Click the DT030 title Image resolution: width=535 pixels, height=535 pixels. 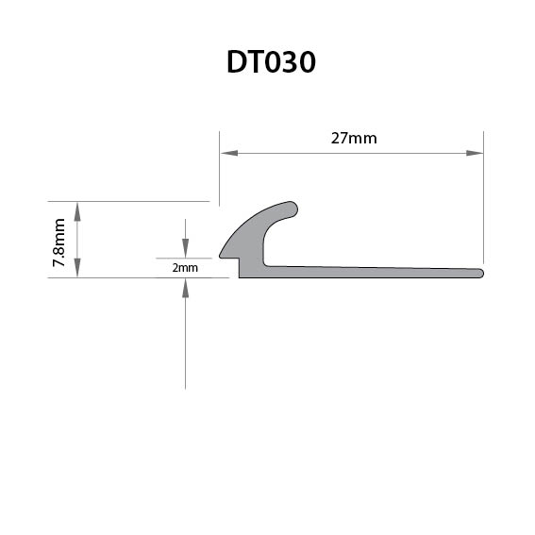pos(271,62)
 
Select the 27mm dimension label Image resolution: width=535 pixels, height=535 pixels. pos(354,139)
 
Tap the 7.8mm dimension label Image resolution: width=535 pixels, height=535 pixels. pos(59,242)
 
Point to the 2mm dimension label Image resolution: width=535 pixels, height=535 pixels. pos(185,268)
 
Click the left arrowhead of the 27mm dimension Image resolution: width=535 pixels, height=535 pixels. pos(229,153)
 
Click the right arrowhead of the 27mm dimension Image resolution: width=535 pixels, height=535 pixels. pos(475,153)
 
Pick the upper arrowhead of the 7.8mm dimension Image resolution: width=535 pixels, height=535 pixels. pos(77,211)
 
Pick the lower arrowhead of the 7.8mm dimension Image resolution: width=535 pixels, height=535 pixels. pos(77,268)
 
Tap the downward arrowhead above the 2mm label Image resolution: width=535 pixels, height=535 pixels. pos(185,249)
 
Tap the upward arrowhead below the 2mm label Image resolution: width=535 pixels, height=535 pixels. pos(185,289)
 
